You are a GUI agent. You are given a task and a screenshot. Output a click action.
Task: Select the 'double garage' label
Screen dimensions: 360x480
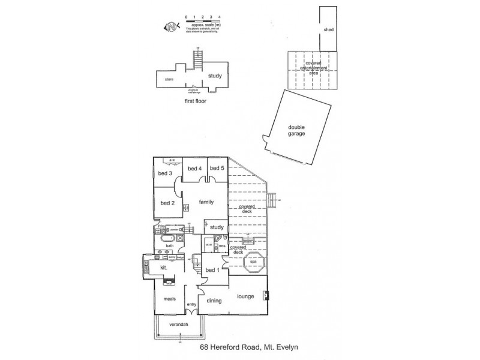(296, 130)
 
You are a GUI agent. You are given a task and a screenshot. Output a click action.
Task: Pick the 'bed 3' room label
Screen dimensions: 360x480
(165, 174)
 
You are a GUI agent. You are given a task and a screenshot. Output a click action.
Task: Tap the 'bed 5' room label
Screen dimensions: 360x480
(217, 169)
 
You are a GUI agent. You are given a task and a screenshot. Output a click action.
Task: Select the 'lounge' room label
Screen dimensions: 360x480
(246, 297)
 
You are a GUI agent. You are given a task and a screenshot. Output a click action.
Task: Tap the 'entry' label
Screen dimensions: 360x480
(191, 305)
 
